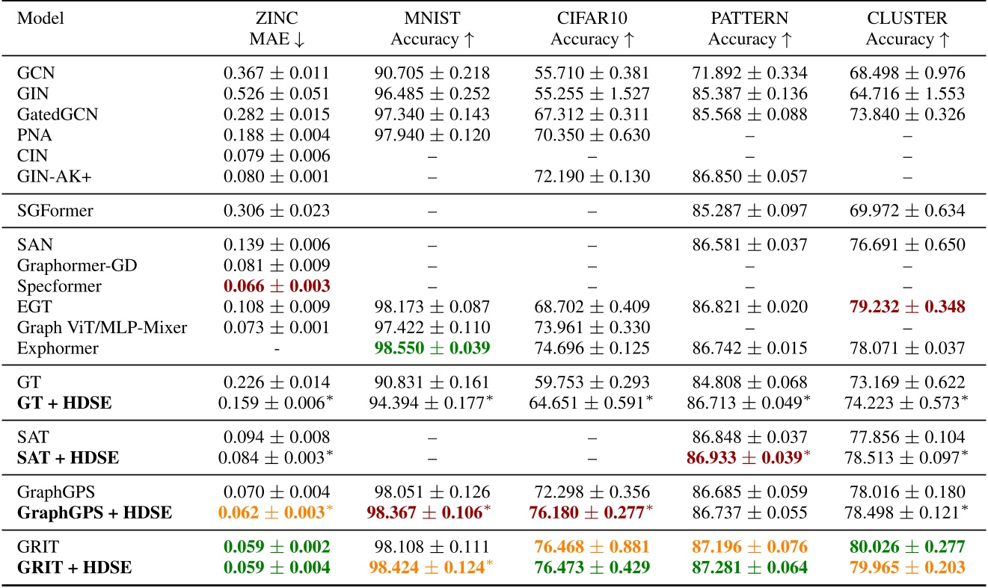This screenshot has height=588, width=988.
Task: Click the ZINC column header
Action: click(x=276, y=18)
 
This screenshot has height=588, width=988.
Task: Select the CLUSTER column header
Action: click(x=906, y=18)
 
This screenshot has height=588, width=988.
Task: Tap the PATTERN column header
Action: click(x=747, y=18)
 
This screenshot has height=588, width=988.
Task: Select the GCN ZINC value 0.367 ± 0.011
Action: click(x=276, y=74)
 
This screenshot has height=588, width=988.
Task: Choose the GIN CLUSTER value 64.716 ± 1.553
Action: click(x=906, y=93)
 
